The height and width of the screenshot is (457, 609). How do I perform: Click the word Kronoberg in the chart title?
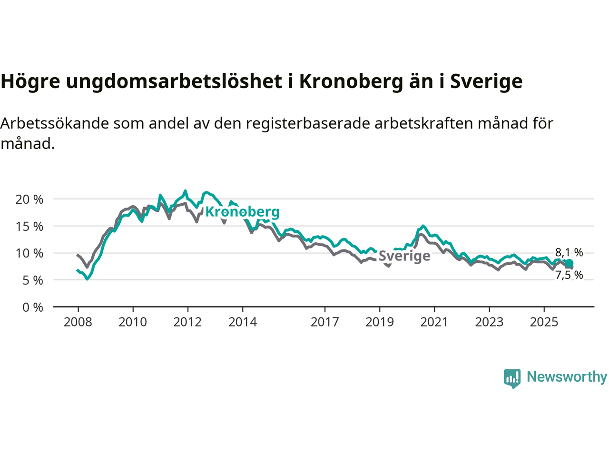351,81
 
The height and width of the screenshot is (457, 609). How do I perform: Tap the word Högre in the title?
30,81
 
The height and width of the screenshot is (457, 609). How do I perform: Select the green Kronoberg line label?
242,212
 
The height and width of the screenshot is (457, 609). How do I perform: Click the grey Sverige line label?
404,256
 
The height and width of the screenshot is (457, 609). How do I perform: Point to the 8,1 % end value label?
569,252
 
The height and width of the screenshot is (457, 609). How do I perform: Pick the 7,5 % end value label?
569,275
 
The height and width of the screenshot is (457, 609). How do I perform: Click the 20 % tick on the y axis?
29,199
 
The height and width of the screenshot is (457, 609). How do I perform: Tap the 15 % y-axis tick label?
29,227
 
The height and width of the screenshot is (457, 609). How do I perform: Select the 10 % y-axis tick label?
29,253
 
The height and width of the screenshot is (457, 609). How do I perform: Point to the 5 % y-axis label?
32,280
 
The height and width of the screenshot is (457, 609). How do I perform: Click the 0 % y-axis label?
32,308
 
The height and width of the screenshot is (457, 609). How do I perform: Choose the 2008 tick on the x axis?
78,322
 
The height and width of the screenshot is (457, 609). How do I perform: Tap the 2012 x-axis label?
187,322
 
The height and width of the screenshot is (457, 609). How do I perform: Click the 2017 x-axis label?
325,322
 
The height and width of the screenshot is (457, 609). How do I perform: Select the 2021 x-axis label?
434,322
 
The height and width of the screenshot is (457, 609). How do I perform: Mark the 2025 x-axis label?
544,322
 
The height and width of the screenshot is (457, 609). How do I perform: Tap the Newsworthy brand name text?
567,377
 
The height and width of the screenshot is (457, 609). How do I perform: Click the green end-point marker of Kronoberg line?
569,263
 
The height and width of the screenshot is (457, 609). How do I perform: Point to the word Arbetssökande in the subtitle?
55,123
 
